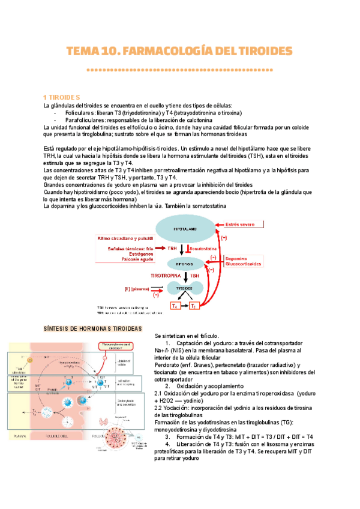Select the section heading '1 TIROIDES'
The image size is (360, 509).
click(65, 97)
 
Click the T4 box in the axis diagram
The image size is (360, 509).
click(175, 306)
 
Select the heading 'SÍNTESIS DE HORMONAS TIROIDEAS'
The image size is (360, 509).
click(93, 329)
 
